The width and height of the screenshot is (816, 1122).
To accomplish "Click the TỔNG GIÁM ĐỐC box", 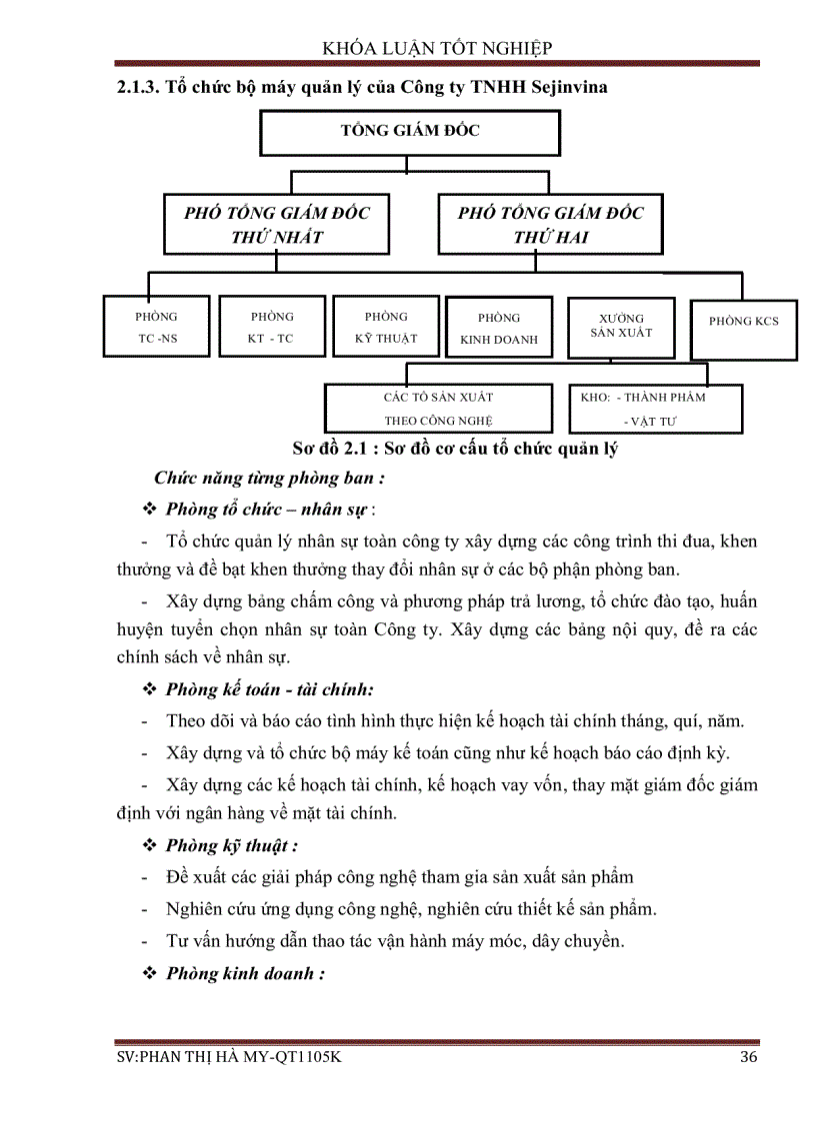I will [410, 132].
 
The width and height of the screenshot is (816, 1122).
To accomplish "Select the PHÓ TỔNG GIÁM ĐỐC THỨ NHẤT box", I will [276, 225].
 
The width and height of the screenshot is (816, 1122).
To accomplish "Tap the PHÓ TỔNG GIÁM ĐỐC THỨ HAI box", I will [550, 225].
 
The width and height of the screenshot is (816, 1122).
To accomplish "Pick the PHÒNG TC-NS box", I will [157, 327].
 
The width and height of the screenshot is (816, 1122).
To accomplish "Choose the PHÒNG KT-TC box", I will [271, 327].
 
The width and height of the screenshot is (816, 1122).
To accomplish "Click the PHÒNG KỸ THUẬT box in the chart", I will [386, 327].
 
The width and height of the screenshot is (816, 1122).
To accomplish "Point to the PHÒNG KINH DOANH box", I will [498, 328].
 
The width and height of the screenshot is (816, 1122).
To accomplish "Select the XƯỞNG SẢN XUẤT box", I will [620, 326].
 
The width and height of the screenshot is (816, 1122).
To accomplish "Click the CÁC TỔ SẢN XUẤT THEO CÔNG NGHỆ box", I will [438, 409].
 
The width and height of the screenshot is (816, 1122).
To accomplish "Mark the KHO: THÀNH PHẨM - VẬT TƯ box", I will [655, 409].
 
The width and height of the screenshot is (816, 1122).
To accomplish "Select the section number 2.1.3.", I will [138, 87].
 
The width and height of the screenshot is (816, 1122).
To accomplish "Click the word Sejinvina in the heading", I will [565, 87].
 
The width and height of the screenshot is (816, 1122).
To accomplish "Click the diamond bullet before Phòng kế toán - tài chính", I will [151, 689].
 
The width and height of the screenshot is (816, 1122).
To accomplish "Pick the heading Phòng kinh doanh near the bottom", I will [245, 973].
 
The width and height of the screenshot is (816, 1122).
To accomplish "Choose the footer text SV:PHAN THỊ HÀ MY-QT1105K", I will [229, 1058].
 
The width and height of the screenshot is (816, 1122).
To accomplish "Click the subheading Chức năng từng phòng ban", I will [270, 479].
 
